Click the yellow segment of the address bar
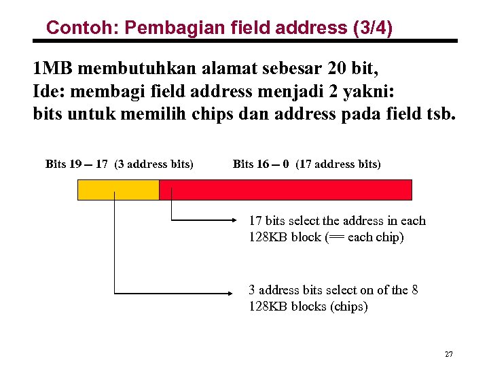[118, 190]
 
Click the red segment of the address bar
[285, 190]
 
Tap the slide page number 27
[448, 354]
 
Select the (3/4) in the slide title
[372, 29]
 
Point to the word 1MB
[52, 69]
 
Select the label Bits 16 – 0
[261, 164]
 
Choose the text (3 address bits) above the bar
[154, 164]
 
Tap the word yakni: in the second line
[385, 91]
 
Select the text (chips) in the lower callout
[348, 307]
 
